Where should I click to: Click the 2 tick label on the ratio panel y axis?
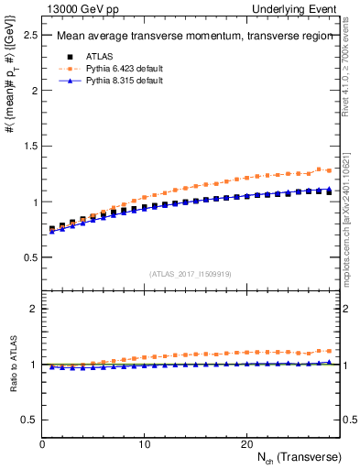coord(34,309)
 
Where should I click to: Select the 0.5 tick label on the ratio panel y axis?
coord(29,420)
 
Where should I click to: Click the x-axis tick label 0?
coord(42,444)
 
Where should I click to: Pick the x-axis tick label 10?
coord(145,444)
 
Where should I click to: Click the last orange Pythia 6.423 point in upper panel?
coord(329,170)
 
